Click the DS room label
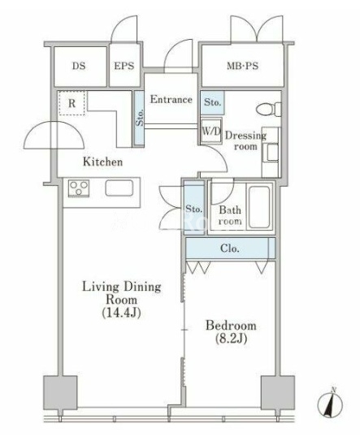[79, 66]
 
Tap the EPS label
[124, 66]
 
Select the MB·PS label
[243, 66]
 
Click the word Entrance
[171, 99]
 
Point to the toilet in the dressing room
[268, 109]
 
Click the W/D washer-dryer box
[211, 132]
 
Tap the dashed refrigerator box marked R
[72, 103]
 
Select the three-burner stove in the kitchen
[79, 188]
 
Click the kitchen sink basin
[119, 188]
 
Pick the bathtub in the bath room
[259, 207]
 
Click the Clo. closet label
[230, 249]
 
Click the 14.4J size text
[121, 313]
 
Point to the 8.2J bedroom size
[231, 339]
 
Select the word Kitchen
[102, 162]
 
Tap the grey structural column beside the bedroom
[278, 392]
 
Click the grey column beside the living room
[60, 392]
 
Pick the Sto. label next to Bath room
[194, 209]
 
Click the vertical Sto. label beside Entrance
[140, 117]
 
